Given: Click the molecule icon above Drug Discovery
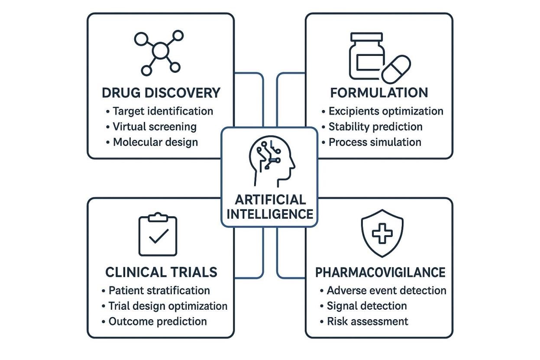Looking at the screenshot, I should pyautogui.click(x=159, y=52).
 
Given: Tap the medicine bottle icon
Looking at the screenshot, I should pyautogui.click(x=366, y=56).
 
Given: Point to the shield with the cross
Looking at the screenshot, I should pyautogui.click(x=382, y=234).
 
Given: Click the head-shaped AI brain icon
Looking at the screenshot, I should pyautogui.click(x=271, y=161).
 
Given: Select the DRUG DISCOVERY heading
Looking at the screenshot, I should pyautogui.click(x=161, y=93).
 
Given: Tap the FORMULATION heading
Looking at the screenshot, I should pyautogui.click(x=379, y=92).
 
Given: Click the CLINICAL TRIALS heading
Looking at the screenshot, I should pyautogui.click(x=161, y=272).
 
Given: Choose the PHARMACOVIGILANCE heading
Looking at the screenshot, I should pyautogui.click(x=380, y=272).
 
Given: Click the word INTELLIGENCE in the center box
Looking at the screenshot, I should pyautogui.click(x=270, y=214).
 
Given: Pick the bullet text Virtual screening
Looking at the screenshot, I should pyautogui.click(x=154, y=126).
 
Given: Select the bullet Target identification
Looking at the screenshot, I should pyautogui.click(x=162, y=111).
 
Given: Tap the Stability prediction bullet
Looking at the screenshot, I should pyautogui.click(x=375, y=126).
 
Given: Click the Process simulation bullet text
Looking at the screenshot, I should pyautogui.click(x=375, y=142).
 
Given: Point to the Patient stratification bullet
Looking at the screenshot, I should pyautogui.click(x=159, y=290).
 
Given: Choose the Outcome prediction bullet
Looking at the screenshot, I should pyautogui.click(x=157, y=321).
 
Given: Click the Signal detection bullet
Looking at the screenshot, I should pyautogui.click(x=366, y=306).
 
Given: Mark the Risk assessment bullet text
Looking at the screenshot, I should pyautogui.click(x=367, y=321).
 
